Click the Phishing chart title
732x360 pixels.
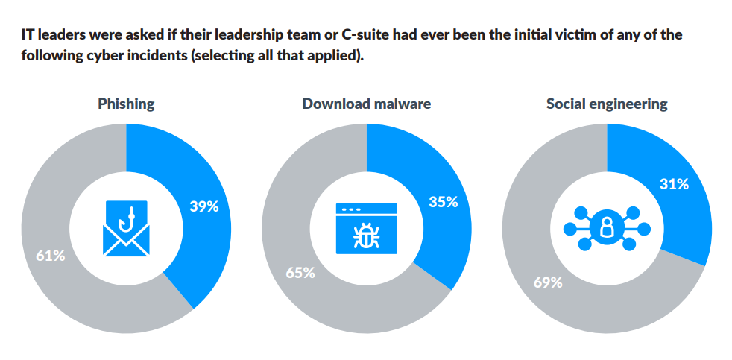(x=126, y=104)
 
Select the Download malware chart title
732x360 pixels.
(x=366, y=104)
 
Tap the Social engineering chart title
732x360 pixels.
(x=607, y=104)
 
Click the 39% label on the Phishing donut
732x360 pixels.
(x=203, y=206)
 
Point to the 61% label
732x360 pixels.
(x=51, y=256)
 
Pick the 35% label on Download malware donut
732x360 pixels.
(x=443, y=201)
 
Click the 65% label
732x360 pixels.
(x=300, y=272)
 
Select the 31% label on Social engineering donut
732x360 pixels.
(x=674, y=184)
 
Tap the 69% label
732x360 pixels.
(x=548, y=282)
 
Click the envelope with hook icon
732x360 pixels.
(x=126, y=229)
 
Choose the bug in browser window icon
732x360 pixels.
(x=366, y=229)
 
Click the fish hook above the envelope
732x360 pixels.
(x=128, y=216)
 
